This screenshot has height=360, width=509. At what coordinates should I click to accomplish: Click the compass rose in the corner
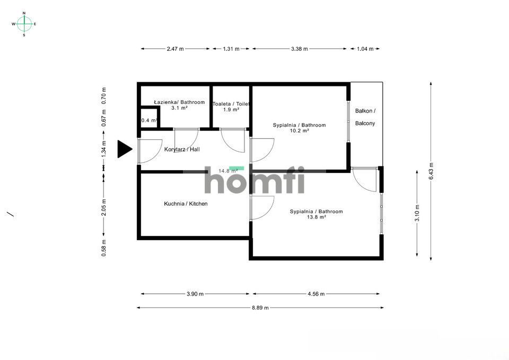pos(24,24)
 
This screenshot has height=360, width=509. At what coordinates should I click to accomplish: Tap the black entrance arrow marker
pos(124,149)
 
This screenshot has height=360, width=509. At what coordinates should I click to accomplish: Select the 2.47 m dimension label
pos(175,49)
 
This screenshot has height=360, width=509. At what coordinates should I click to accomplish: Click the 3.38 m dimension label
pos(300,49)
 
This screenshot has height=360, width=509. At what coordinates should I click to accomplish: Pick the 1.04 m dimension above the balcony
pos(363,49)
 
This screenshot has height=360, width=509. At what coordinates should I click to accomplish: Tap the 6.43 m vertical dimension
pos(431,171)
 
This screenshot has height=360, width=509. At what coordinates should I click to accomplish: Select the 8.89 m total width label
pos(259,308)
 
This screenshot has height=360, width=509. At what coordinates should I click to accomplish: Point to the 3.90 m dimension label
pos(195,294)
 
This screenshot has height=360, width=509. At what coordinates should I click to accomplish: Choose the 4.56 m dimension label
pos(315,294)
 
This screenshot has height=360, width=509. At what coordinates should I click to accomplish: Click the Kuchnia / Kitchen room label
pos(186,204)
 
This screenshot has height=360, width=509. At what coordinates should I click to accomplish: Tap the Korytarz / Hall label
pos(182,150)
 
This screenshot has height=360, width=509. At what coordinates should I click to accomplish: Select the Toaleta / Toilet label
pos(231,104)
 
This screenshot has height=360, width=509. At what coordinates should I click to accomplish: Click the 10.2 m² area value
pos(299,131)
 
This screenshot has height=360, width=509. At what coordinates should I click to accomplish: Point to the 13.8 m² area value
pos(316,217)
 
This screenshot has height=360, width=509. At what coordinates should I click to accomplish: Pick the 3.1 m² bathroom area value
pos(179,108)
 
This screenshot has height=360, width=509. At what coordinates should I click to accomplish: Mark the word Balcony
pos(365,124)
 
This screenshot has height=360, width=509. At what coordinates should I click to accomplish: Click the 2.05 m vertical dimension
pos(104,208)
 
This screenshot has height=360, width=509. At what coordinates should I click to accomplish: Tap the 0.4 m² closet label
pos(149,120)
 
